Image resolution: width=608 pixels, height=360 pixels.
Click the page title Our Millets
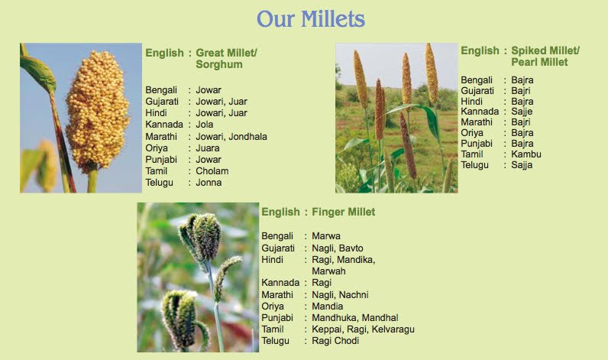pyautogui.click(x=310, y=19)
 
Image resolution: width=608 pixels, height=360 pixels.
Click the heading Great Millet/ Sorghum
pyautogui.click(x=226, y=59)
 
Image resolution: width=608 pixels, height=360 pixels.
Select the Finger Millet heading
pyautogui.click(x=343, y=212)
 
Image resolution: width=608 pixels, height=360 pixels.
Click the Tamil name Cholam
pyautogui.click(x=212, y=171)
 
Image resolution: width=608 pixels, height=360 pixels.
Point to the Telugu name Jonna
pyautogui.click(x=209, y=183)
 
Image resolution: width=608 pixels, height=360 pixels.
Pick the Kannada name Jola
pyautogui.click(x=204, y=125)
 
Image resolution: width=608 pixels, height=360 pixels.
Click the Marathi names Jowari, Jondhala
pyautogui.click(x=231, y=137)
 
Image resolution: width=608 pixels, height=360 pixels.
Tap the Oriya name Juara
pyautogui.click(x=208, y=148)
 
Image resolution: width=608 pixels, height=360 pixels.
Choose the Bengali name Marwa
pyautogui.click(x=325, y=236)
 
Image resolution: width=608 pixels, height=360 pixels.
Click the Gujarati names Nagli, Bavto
pyautogui.click(x=337, y=248)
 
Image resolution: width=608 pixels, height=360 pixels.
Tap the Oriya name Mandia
pyautogui.click(x=327, y=306)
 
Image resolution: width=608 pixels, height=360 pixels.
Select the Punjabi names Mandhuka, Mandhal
pyautogui.click(x=354, y=318)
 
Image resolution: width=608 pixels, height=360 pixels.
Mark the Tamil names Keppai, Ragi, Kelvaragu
pyautogui.click(x=354, y=329)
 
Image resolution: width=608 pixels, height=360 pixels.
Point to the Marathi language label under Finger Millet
pyautogui.click(x=278, y=295)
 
